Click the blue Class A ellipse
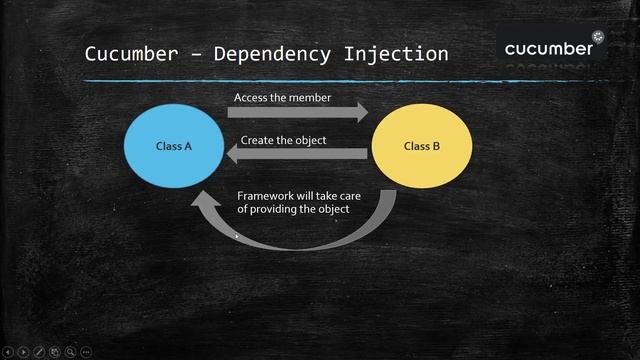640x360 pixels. (x=174, y=146)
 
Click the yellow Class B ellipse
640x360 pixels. (x=422, y=146)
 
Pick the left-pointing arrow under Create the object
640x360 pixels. (x=296, y=154)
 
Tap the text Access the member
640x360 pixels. (x=281, y=98)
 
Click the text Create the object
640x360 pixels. (x=283, y=140)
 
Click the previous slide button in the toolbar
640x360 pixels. (x=9, y=352)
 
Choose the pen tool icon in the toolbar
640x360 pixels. (x=39, y=352)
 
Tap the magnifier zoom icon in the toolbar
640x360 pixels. (x=70, y=352)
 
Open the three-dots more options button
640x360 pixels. (x=86, y=352)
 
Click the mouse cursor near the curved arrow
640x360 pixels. (x=236, y=236)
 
